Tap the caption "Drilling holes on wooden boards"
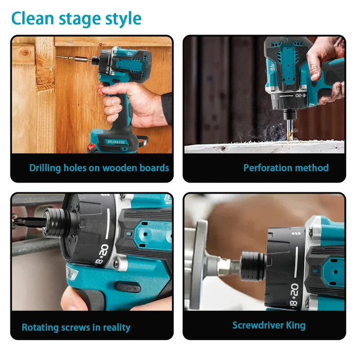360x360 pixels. click(x=99, y=168)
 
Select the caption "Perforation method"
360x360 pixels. click(x=286, y=168)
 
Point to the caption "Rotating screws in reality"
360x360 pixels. click(x=76, y=327)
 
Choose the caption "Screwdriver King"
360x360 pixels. click(x=269, y=325)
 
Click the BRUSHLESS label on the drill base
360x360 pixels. click(x=116, y=142)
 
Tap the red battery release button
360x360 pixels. click(x=92, y=147)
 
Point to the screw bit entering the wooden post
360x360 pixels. click(x=74, y=58)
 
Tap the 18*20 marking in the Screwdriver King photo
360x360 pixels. click(x=294, y=295)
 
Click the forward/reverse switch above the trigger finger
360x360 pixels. click(x=128, y=287)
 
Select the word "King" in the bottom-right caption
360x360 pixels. click(x=296, y=325)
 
